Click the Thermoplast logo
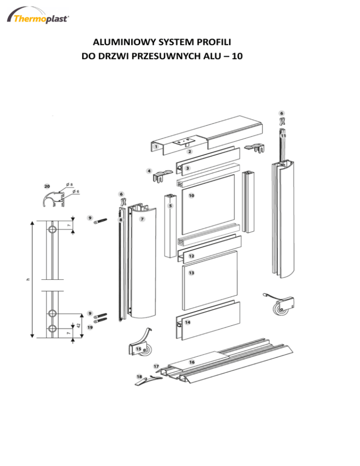tap(38, 16)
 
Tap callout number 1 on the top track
tap(156, 147)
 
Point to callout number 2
tap(190, 151)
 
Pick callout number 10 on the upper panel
tap(191, 195)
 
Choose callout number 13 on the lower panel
tap(191, 273)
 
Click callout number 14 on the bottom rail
tap(187, 322)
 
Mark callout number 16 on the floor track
tap(192, 362)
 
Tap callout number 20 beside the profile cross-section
tap(47, 186)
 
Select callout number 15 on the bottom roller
tap(139, 349)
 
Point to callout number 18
tap(139, 376)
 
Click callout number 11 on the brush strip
tap(283, 135)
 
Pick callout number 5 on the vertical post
tap(170, 206)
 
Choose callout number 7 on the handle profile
tap(142, 219)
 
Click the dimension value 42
tap(79, 325)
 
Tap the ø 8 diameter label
tap(69, 185)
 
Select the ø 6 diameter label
tap(76, 191)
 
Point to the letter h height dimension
tap(29, 279)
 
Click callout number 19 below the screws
tap(90, 327)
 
